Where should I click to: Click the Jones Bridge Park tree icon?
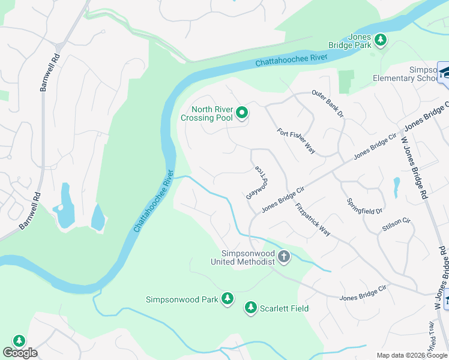click(380, 40)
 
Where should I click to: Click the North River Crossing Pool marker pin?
click(242, 113)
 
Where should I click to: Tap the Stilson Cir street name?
click(396, 224)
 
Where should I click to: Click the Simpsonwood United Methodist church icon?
click(284, 257)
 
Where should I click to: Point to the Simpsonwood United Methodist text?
click(243, 257)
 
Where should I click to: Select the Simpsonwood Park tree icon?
click(227, 298)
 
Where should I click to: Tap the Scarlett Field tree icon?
click(250, 308)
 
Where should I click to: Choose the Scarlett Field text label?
click(284, 308)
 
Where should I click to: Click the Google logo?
click(20, 353)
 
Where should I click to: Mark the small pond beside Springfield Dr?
click(396, 187)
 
